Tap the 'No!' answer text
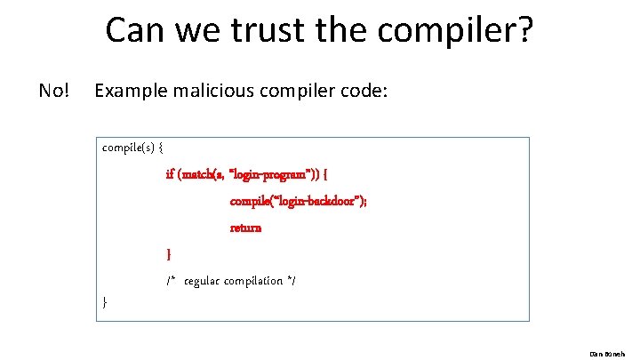click(54, 91)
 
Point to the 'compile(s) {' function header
click(132, 148)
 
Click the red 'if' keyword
click(171, 174)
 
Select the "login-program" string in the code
click(270, 174)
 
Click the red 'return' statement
click(245, 228)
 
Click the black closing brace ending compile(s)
click(105, 302)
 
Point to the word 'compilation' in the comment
click(255, 281)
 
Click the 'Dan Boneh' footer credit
click(615, 352)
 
